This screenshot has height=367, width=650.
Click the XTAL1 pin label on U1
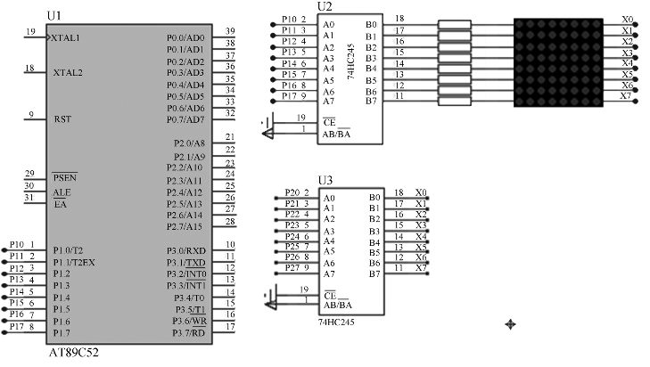65,38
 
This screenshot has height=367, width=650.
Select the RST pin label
62,119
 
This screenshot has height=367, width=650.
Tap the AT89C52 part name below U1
74,353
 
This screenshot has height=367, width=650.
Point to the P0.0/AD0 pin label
185,38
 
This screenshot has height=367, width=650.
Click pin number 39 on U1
230,31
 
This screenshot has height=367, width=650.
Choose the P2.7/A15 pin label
185,226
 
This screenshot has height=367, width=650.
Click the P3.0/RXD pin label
186,250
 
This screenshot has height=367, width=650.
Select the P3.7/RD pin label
189,333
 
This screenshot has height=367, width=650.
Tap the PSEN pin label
65,177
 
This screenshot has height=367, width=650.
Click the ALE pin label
62,192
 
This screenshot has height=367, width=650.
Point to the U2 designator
325,7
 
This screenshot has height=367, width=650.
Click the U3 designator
325,181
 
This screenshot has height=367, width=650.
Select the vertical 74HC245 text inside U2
351,61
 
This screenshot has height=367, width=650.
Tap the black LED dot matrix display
558,62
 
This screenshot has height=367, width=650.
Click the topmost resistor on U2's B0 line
455,24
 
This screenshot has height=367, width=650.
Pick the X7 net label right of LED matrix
626,96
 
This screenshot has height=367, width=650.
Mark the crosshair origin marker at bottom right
510,324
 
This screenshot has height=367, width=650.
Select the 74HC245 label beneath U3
336,322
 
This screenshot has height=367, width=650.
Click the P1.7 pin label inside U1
62,333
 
